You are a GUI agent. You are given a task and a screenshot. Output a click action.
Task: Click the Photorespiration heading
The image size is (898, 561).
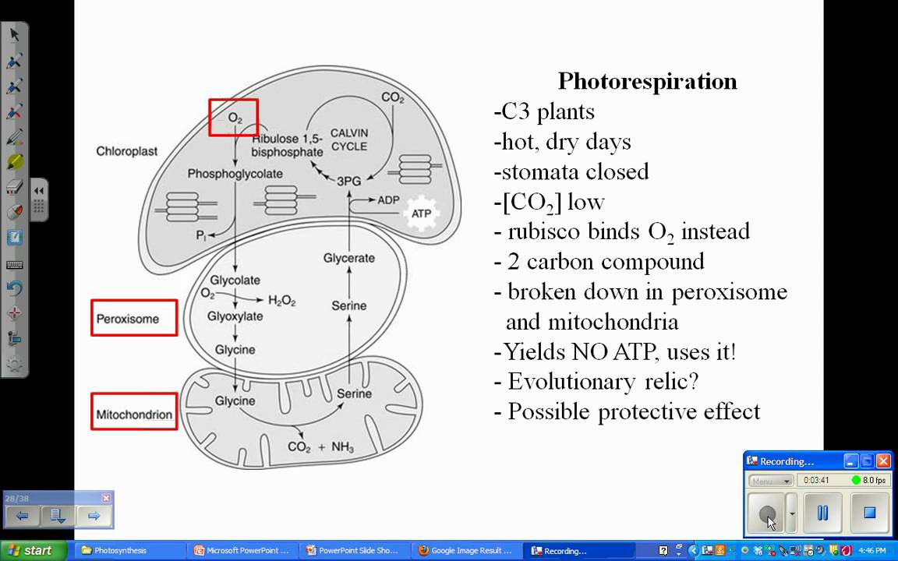(x=647, y=81)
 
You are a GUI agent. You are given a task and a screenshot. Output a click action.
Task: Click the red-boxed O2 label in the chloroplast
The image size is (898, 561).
(x=234, y=118)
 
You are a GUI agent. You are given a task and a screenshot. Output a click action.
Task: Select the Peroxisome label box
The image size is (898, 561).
(x=134, y=318)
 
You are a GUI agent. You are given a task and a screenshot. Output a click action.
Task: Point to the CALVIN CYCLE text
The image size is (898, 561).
(x=348, y=139)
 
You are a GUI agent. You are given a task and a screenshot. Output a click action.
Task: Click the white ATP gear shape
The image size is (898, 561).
(x=421, y=213)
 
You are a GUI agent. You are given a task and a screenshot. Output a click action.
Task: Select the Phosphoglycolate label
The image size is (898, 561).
(x=235, y=174)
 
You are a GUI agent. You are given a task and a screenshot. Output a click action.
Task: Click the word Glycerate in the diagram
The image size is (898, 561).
(x=348, y=258)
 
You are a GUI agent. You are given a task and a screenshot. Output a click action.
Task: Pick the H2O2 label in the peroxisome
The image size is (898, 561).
(x=282, y=300)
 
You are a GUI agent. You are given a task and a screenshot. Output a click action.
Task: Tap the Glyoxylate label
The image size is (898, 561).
(x=235, y=316)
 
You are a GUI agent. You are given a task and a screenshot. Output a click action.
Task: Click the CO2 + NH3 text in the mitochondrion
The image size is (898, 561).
(x=321, y=447)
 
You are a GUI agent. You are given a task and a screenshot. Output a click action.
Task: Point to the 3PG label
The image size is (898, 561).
(x=348, y=181)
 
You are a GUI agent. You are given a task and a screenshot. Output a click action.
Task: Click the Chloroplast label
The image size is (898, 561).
(x=126, y=151)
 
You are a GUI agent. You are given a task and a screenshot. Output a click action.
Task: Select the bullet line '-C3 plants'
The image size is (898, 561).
(x=544, y=111)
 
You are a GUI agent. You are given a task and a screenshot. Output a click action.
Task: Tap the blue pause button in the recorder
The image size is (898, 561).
(x=822, y=513)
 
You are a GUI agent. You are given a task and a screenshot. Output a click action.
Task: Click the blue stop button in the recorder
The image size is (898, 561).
(x=869, y=513)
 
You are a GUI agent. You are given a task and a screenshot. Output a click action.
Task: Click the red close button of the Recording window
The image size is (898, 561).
(x=883, y=461)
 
